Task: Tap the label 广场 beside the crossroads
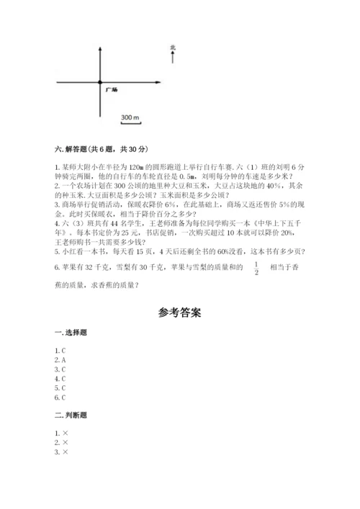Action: tap(111, 90)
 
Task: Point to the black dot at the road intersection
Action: tap(99, 83)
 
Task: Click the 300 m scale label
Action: tap(130, 117)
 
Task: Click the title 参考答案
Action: tap(179, 313)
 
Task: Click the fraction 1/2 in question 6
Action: tap(256, 269)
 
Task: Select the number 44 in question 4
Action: tap(105, 222)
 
